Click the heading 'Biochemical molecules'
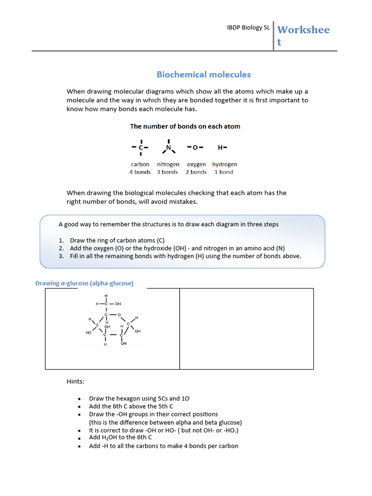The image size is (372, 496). (x=203, y=75)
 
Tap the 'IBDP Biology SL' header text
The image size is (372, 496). (x=248, y=28)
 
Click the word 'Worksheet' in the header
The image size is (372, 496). (x=303, y=36)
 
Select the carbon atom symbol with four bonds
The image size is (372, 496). (x=140, y=147)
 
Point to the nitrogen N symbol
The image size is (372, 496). (x=169, y=148)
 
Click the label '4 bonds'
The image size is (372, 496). (x=140, y=172)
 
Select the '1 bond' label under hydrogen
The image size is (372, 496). (x=224, y=172)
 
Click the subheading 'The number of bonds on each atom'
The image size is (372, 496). (x=185, y=126)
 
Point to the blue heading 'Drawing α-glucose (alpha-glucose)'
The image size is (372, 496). (x=84, y=283)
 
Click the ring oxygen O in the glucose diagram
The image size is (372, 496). (x=119, y=314)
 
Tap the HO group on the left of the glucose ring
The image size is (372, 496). (x=89, y=333)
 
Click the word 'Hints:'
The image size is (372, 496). (x=75, y=382)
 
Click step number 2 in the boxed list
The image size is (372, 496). (x=61, y=248)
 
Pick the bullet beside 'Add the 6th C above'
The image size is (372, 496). (x=79, y=407)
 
